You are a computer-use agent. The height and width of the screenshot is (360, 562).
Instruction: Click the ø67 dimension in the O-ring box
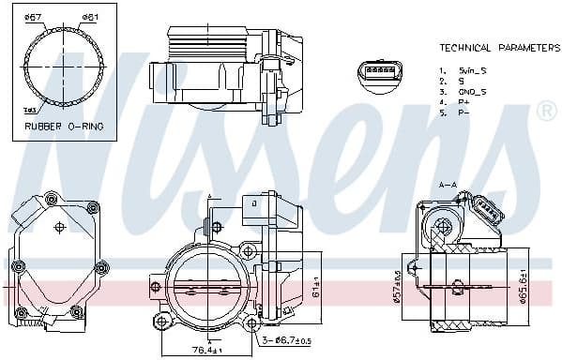[x=33, y=18]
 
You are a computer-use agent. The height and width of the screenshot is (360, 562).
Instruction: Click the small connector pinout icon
[x=380, y=71]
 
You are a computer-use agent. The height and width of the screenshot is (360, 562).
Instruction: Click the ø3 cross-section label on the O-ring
[x=30, y=111]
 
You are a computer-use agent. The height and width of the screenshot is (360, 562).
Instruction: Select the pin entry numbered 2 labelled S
[x=456, y=81]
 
